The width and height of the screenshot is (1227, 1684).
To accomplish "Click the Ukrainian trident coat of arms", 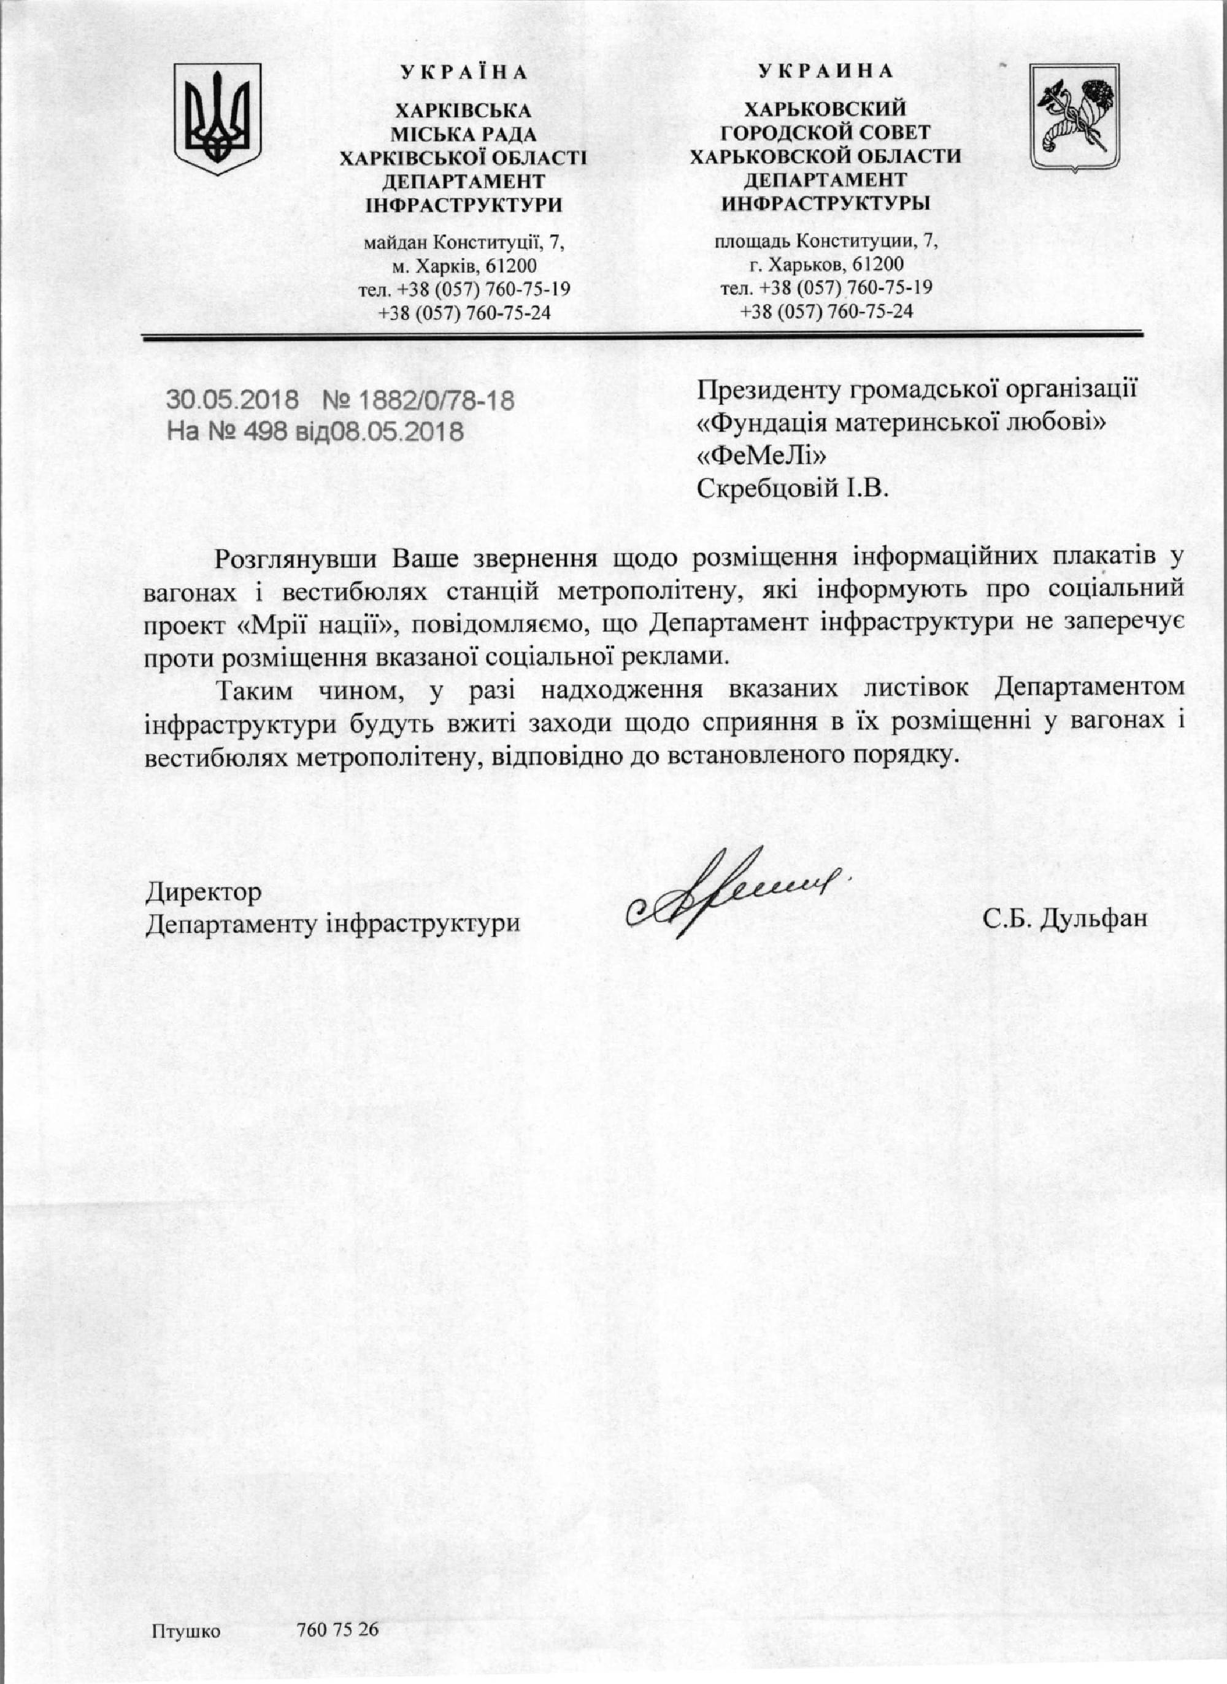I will point(218,119).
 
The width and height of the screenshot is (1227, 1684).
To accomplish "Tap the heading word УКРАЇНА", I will point(464,73).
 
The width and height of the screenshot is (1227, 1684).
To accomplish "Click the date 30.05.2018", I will point(232,401).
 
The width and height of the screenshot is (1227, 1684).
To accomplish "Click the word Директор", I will point(204,891).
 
